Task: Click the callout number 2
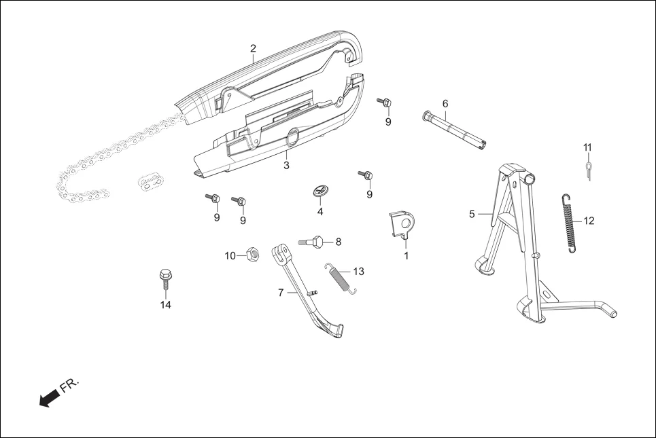[253, 48]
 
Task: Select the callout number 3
[286, 165]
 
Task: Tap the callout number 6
[445, 104]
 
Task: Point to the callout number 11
[587, 147]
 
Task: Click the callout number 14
[165, 305]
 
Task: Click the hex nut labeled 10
[249, 255]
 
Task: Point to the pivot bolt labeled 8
[313, 241]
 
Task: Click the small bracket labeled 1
[402, 225]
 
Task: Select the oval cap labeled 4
[320, 191]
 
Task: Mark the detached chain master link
[152, 181]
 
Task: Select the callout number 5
[472, 215]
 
